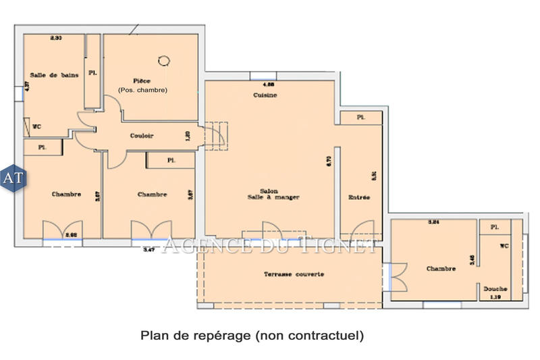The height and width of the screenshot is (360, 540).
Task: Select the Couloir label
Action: tap(142, 136)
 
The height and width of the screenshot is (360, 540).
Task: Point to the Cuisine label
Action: tap(265, 95)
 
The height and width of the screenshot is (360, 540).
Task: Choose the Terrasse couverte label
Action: tap(294, 274)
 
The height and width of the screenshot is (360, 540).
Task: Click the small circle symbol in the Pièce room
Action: tap(163, 61)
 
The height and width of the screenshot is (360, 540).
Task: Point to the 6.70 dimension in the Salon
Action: tap(329, 161)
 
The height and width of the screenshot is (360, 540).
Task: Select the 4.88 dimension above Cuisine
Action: tap(267, 85)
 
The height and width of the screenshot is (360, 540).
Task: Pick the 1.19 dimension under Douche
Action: tap(495, 296)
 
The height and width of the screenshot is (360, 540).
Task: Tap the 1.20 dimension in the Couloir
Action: tap(188, 136)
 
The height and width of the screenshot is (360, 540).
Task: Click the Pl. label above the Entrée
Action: tap(360, 118)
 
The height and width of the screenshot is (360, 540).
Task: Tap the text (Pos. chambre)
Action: tap(142, 91)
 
